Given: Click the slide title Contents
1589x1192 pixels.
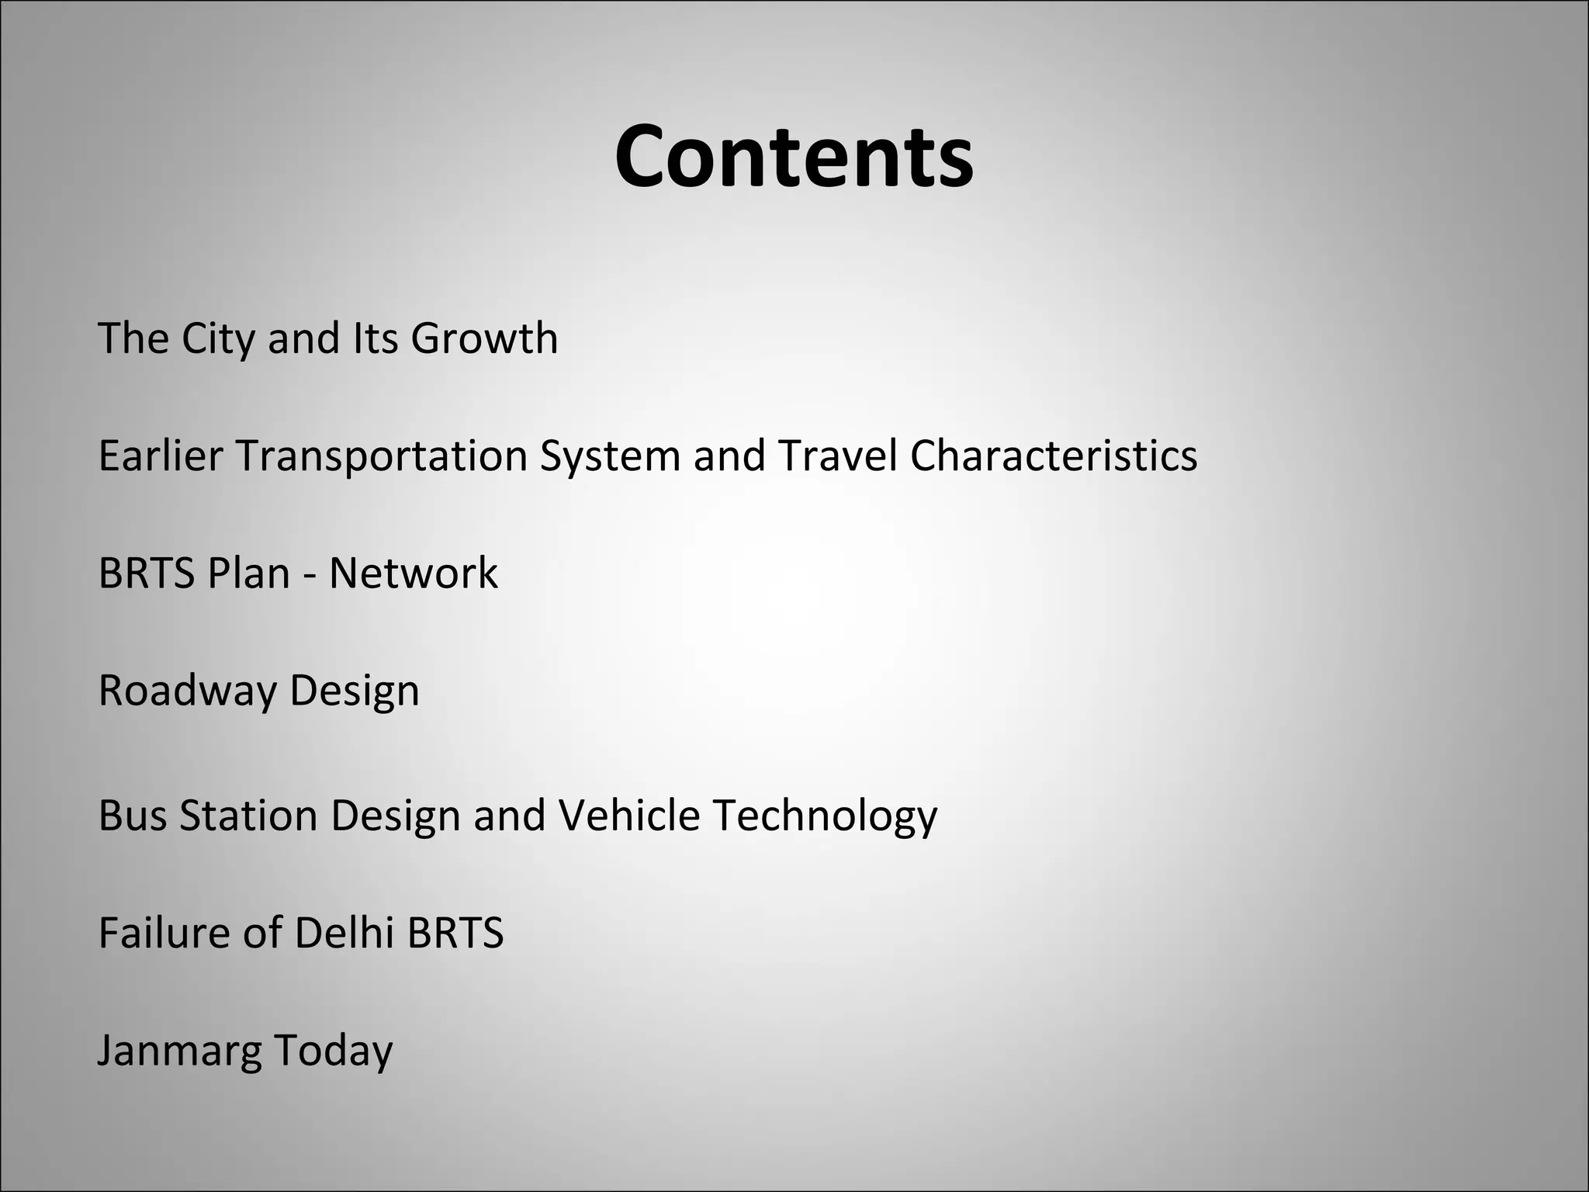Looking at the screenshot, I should (794, 157).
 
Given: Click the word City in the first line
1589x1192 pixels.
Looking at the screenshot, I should (217, 339).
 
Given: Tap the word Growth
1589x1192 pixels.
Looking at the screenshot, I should (484, 339).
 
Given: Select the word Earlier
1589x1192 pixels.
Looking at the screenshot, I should (160, 456).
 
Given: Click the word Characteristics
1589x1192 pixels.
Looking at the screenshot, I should (1053, 456).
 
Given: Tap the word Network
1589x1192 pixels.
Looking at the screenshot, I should (413, 573).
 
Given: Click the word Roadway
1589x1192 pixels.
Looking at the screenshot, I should (187, 691).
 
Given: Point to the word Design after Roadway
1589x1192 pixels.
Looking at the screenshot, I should (354, 691).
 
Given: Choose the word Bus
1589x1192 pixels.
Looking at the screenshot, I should (132, 816).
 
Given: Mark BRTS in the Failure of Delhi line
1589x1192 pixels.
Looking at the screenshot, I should (455, 933).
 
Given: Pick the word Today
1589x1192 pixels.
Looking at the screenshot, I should (333, 1052).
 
